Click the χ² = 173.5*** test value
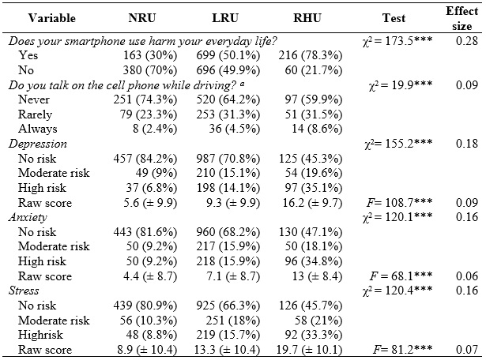coord(390,42)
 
